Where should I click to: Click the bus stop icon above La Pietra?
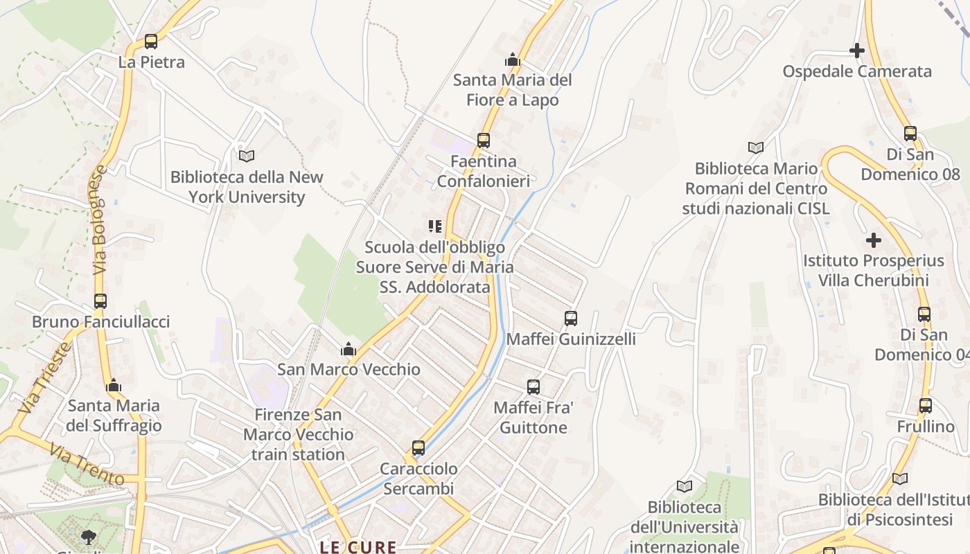pos(151,42)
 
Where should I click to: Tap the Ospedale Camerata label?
pos(857,71)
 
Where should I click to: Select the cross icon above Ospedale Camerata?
pos(857,51)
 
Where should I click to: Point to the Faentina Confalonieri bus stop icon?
pos(484,141)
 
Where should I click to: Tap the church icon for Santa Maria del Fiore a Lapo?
pos(513,60)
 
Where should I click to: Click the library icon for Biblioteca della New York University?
pos(247,156)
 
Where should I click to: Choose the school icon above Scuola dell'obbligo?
pos(434,226)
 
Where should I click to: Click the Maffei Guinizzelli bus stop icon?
pos(571,319)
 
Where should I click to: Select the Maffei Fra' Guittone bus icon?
pos(533,387)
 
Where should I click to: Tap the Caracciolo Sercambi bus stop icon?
pos(418,448)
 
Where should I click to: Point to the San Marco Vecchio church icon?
pos(349,349)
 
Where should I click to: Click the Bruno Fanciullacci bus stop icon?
pos(100,301)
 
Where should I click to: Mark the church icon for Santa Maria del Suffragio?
pos(114,386)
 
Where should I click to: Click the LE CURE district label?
pos(358,547)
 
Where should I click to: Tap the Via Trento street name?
pos(87,465)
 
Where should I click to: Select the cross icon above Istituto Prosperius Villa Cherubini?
pos(874,240)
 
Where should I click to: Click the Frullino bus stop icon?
pos(926,406)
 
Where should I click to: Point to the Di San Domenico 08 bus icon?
pos(910,134)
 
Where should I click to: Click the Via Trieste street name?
pos(45,378)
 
